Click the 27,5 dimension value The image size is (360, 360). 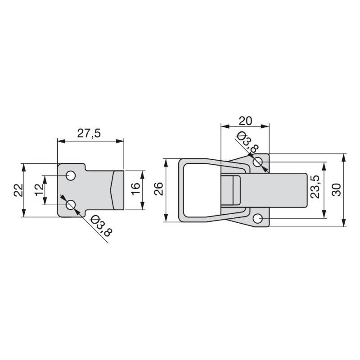[89, 133]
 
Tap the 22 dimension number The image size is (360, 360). [19, 190]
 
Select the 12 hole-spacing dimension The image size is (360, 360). [40, 190]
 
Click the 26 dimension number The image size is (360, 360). [158, 189]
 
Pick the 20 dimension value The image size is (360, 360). [245, 121]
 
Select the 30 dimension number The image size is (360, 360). [337, 189]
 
